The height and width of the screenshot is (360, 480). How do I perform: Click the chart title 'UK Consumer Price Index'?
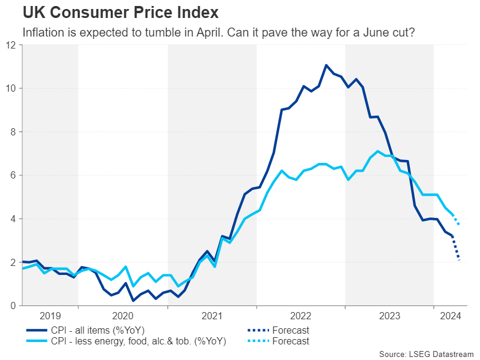pyautogui.click(x=120, y=12)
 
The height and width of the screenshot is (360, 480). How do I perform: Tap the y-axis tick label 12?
pyautogui.click(x=11, y=45)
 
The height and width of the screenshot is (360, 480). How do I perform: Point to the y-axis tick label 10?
pyautogui.click(x=11, y=88)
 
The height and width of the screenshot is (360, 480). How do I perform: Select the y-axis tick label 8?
pyautogui.click(x=14, y=132)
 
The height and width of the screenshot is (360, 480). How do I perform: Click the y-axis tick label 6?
pyautogui.click(x=14, y=176)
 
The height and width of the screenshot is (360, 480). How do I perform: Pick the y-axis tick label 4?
pyautogui.click(x=14, y=219)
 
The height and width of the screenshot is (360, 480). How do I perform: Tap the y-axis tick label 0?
pyautogui.click(x=14, y=306)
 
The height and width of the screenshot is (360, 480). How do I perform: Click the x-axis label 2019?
pyautogui.click(x=50, y=316)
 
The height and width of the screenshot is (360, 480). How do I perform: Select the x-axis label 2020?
pyautogui.click(x=123, y=316)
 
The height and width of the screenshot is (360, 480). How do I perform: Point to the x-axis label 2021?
pyautogui.click(x=212, y=316)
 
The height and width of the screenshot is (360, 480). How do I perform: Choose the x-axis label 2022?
pyautogui.click(x=301, y=316)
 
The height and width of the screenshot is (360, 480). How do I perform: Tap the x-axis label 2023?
pyautogui.click(x=390, y=316)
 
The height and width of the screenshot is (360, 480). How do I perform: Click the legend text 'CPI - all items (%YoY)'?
pyautogui.click(x=97, y=330)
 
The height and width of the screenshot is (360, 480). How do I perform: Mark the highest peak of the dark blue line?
pyautogui.click(x=326, y=65)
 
